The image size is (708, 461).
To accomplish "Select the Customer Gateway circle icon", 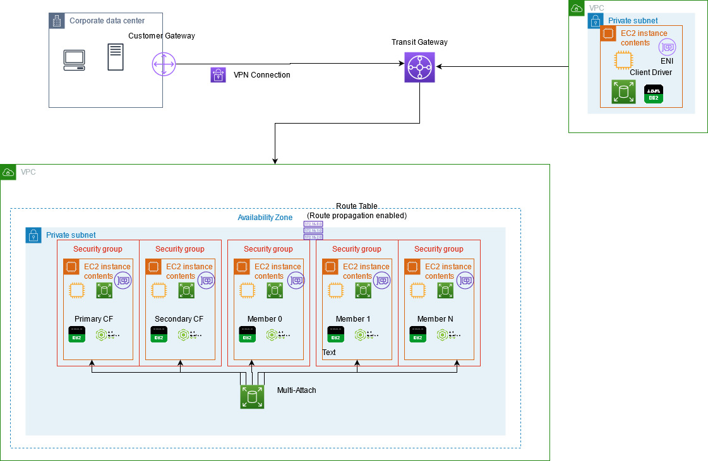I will click(x=163, y=64).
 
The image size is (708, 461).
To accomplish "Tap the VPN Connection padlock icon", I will click(x=218, y=75).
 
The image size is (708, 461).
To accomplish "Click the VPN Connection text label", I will click(x=262, y=75).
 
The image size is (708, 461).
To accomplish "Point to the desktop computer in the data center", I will click(x=74, y=59).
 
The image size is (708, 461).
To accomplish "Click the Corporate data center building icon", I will click(x=57, y=21).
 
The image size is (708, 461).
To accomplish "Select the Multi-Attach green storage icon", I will click(x=252, y=397).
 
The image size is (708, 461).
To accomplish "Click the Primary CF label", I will click(x=94, y=318).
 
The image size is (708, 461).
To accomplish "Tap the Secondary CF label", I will click(x=179, y=318).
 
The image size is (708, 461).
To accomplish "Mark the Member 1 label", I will click(x=353, y=318).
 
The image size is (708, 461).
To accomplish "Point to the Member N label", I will click(x=435, y=318).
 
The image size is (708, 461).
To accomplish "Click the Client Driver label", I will click(x=651, y=73).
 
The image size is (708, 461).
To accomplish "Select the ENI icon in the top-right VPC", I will click(x=667, y=47).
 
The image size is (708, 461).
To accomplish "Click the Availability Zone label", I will click(x=265, y=218).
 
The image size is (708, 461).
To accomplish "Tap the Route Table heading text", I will click(x=357, y=206).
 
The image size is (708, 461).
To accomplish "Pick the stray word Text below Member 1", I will click(x=329, y=353).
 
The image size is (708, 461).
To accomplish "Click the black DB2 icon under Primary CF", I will click(x=76, y=334).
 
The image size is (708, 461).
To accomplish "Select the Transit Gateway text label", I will click(x=419, y=42).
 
